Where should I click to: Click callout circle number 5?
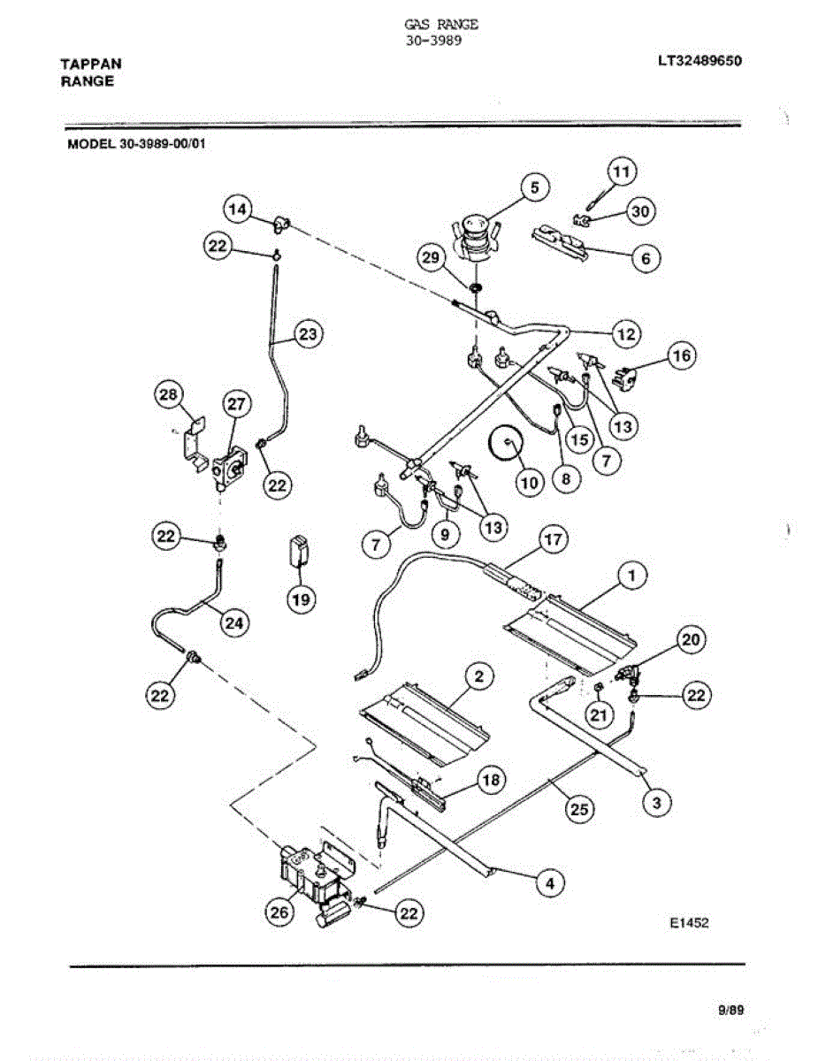pyautogui.click(x=534, y=187)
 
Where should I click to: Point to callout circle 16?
pyautogui.click(x=680, y=356)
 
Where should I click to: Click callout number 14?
pyautogui.click(x=235, y=209)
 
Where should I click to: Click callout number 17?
pyautogui.click(x=553, y=540)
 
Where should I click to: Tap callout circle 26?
pyautogui.click(x=279, y=915)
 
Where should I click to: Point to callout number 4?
pyautogui.click(x=550, y=882)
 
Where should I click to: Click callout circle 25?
pyautogui.click(x=581, y=808)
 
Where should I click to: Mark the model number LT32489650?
pyautogui.click(x=699, y=62)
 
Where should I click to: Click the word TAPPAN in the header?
pyautogui.click(x=91, y=64)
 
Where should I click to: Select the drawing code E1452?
pyautogui.click(x=689, y=923)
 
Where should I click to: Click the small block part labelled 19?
pyautogui.click(x=301, y=552)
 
